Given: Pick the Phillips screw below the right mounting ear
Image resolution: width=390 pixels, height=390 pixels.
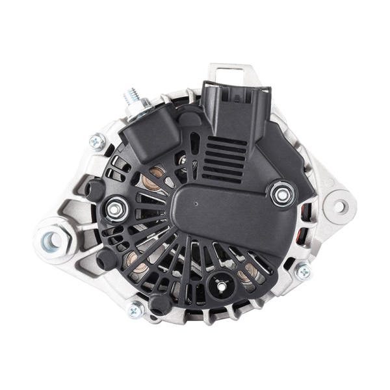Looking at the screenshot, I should [x=303, y=271].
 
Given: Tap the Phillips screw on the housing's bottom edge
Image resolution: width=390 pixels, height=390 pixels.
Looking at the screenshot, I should [x=136, y=311].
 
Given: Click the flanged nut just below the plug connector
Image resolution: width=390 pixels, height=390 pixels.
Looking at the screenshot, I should [x=281, y=192].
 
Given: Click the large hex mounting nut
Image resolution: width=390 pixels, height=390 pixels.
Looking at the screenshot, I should [x=51, y=240].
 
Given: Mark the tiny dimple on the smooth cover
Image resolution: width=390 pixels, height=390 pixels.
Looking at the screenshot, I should [x=196, y=203].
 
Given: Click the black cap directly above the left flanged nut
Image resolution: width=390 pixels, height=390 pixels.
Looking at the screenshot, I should [x=96, y=189].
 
